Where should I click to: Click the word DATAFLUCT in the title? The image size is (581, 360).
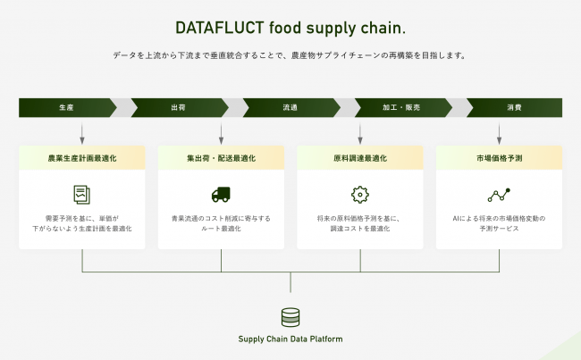tap(219, 28)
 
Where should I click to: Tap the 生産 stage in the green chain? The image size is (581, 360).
tap(67, 108)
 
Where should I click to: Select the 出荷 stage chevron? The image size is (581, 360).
tap(180, 108)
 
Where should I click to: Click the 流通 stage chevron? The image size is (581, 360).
tap(291, 108)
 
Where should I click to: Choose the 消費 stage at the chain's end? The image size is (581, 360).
tap(514, 108)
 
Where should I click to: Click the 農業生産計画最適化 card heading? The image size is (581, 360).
tap(82, 158)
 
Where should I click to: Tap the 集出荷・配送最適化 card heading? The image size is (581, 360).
tap(221, 158)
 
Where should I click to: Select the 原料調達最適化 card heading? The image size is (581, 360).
tap(360, 158)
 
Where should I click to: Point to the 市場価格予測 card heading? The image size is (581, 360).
tap(499, 158)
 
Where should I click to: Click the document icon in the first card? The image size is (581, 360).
tap(82, 195)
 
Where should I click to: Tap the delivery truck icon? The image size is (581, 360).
tap(221, 195)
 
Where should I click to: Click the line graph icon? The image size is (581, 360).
tap(499, 195)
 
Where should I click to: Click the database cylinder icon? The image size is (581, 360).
tap(290, 317)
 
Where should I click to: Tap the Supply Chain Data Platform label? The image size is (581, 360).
tap(290, 339)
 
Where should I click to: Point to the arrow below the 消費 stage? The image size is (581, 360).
tap(499, 134)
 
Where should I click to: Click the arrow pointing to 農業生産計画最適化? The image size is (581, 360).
tap(82, 134)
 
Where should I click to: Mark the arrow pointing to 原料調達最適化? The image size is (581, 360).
tap(360, 134)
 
